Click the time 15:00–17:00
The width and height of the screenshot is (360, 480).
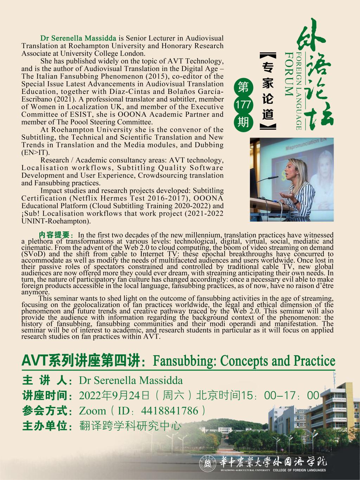280,395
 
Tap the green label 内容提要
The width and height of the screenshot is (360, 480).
56,235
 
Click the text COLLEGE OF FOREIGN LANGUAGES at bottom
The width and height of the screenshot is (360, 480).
300,470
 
